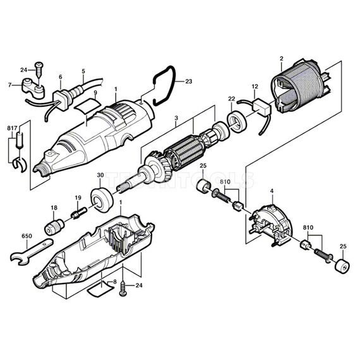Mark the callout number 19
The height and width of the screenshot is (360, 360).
click(x=78, y=198)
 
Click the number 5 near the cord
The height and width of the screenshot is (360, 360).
click(x=83, y=71)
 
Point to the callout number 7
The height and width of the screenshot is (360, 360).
click(x=10, y=85)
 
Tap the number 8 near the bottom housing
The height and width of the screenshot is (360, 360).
click(x=115, y=281)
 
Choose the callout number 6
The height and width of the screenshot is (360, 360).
click(x=61, y=77)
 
